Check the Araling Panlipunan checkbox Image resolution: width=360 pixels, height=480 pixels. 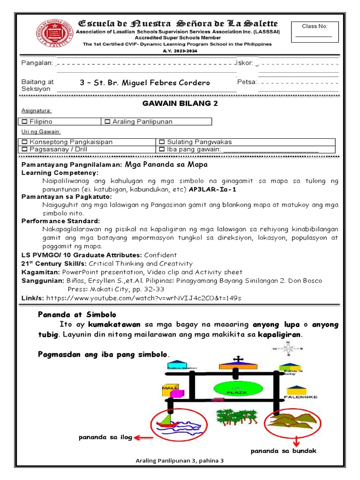click(107, 122)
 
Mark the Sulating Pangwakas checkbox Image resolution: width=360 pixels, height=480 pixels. click(162, 142)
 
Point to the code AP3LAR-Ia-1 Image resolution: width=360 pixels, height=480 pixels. click(212, 190)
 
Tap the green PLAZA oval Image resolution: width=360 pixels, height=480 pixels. click(236, 390)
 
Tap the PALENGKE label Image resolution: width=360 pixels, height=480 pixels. click(300, 397)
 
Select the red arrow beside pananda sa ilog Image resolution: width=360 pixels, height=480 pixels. click(143, 438)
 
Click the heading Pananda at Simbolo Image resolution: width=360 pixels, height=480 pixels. click(77, 314)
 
